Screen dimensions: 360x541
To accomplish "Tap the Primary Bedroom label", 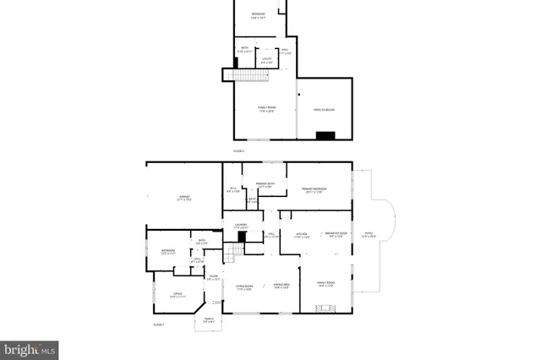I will click(x=315, y=190).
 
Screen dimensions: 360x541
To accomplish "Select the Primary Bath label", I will click(x=265, y=185).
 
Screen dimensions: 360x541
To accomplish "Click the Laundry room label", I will click(x=241, y=226).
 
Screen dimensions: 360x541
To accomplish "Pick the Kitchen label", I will click(x=301, y=235).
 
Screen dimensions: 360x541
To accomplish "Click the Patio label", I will click(x=369, y=234).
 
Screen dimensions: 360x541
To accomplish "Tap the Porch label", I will click(x=209, y=319).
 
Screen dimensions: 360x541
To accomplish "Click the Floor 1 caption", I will click(x=158, y=325).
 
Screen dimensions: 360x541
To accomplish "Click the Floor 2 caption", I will click(x=238, y=150).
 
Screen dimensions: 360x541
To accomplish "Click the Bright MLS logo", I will click(x=30, y=347).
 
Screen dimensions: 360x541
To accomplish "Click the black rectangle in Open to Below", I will click(x=325, y=134).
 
